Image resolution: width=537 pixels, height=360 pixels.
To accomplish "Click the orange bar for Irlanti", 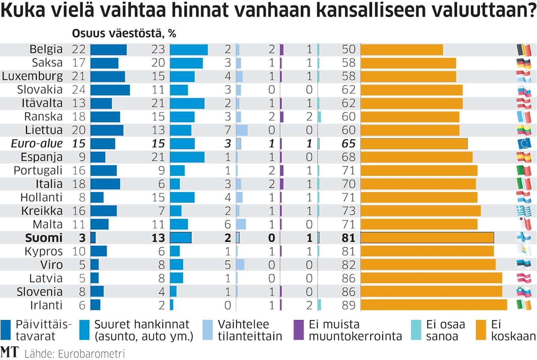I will pos(433,305).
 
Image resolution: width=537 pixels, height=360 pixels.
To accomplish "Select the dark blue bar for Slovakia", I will pos(110,90).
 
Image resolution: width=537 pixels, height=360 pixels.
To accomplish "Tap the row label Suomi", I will pos(44,238).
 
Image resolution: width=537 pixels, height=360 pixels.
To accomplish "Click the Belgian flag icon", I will pos(523,50).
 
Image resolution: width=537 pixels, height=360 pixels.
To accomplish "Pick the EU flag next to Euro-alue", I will pos(523,144).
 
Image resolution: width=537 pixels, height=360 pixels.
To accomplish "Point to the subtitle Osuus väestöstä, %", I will pos(124,34).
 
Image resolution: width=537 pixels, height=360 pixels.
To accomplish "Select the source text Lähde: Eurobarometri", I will pos(74,354).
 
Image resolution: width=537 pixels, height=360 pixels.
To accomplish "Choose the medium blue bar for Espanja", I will pos(187,157).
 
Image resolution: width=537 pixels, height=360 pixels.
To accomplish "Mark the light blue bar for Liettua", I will pos(242,130).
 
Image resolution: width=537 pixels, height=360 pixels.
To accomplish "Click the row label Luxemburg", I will pos(32,77).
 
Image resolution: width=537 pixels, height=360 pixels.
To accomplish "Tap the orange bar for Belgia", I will pos(401,50).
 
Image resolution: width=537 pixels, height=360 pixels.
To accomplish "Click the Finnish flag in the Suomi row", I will pos(523,238).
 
